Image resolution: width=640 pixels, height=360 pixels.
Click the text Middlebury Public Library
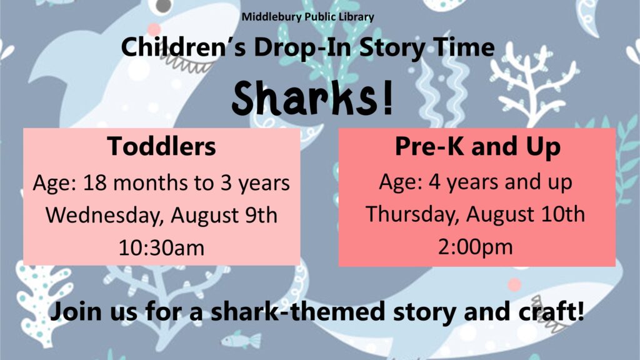pos(307,17)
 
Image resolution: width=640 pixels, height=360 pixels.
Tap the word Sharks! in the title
pos(312,98)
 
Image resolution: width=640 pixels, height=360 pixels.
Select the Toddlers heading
pos(162,146)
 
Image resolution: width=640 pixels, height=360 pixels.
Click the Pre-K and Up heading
pos(477,147)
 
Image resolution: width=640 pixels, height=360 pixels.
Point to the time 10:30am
pos(162,247)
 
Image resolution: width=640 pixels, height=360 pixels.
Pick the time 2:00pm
pos(476,247)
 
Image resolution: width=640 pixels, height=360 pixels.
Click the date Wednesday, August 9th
pos(162,215)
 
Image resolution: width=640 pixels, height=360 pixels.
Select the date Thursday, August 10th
pos(476,214)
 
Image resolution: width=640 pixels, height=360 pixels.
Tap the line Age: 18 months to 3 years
pos(162,183)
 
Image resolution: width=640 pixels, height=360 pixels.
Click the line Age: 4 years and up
pos(476,182)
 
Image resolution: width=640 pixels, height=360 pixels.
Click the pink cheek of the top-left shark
pos(154,29)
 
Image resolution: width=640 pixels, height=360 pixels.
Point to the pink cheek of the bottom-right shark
pos(514,284)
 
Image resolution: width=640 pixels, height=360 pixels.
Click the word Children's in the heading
pos(183,47)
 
